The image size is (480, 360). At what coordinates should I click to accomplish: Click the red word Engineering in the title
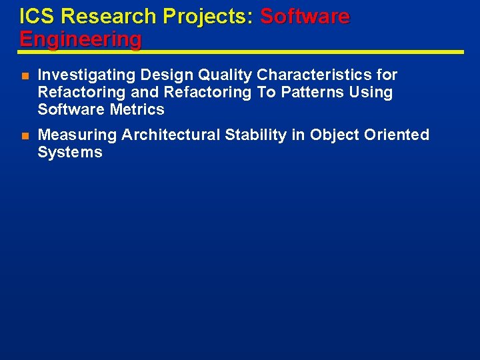pos(80,39)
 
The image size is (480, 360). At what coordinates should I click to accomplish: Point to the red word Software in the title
pos(305,16)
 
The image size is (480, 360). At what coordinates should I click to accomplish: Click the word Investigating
pos(87,75)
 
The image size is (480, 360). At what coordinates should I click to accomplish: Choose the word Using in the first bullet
pos(372,92)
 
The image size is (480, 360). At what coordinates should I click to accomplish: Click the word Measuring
pos(77,135)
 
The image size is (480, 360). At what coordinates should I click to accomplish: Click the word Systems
pos(70,152)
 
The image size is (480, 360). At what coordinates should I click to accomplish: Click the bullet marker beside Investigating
pos(24,75)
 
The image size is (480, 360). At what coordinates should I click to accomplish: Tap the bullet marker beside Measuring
pos(24,135)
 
